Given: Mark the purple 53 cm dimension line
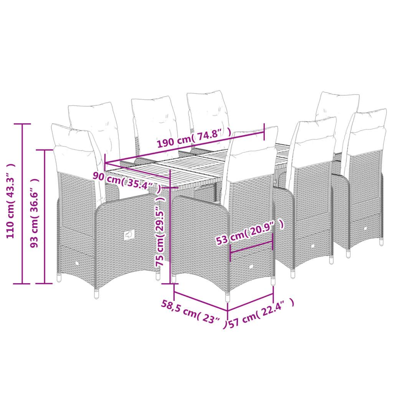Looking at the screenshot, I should click(x=251, y=247).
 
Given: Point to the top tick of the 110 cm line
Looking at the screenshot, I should click(x=22, y=124).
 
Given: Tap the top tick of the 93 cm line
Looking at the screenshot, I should click(x=45, y=150).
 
